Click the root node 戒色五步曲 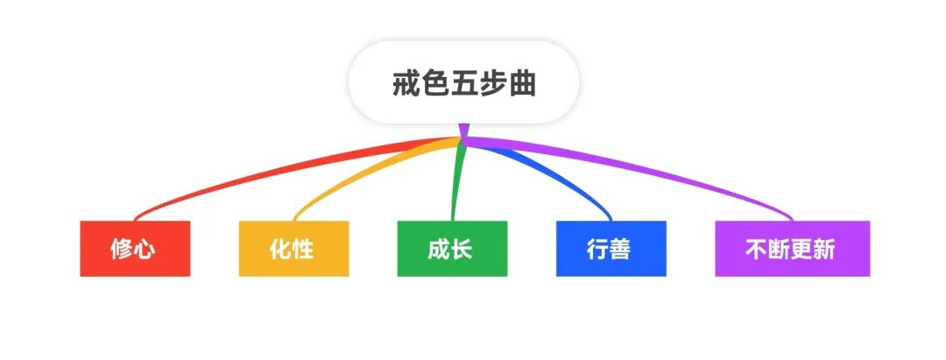pyautogui.click(x=463, y=84)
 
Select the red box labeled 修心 pyautogui.click(x=135, y=249)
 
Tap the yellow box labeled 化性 pyautogui.click(x=293, y=249)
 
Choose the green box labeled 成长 pyautogui.click(x=452, y=249)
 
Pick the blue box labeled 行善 pyautogui.click(x=611, y=249)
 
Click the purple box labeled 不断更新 pyautogui.click(x=792, y=249)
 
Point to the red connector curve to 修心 pyautogui.click(x=263, y=170)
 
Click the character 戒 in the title pyautogui.click(x=406, y=85)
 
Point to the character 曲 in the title pyautogui.click(x=522, y=85)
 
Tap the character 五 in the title pyautogui.click(x=463, y=85)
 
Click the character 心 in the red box pyautogui.click(x=145, y=250)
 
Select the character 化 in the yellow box pyautogui.click(x=281, y=250)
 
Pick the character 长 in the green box pyautogui.click(x=462, y=250)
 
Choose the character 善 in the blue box pyautogui.click(x=621, y=250)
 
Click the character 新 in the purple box pyautogui.click(x=824, y=250)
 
